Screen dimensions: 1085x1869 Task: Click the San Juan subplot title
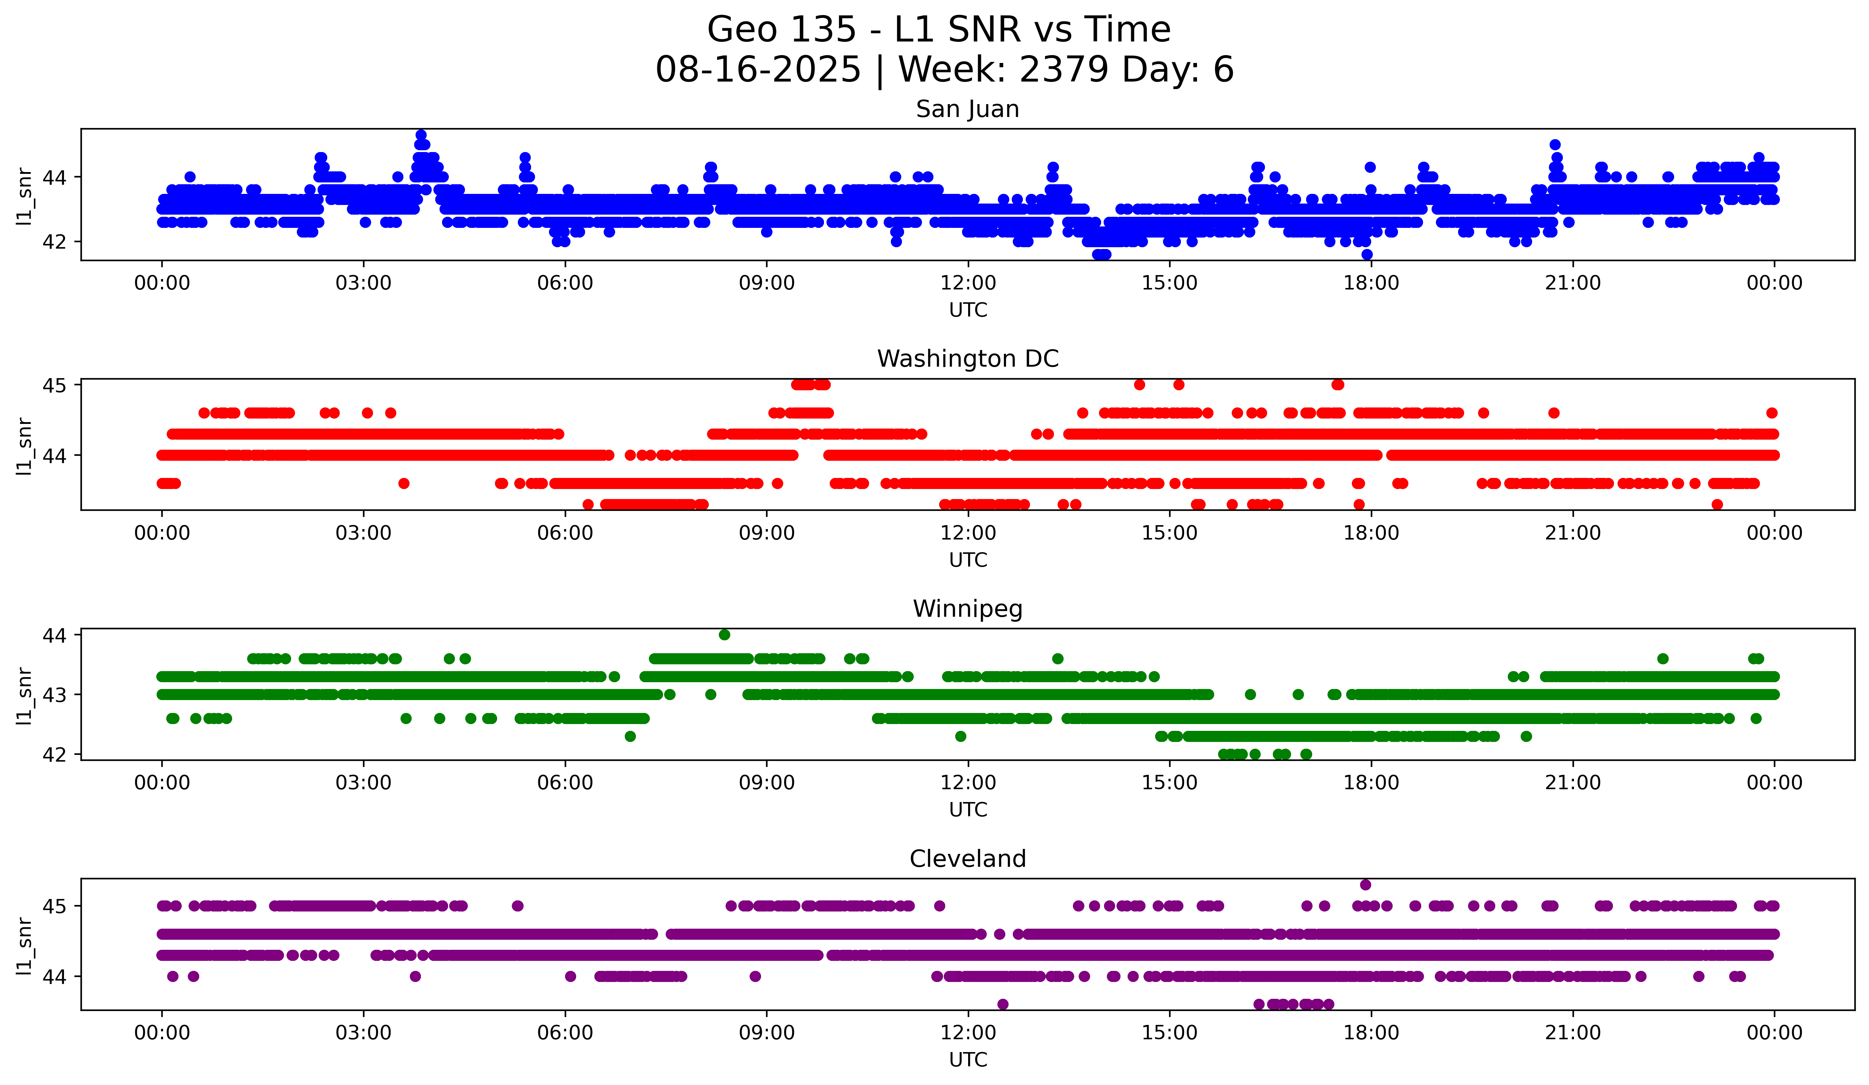pos(967,109)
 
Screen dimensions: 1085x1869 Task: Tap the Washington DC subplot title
pos(967,359)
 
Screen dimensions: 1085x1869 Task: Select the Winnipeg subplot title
pos(967,609)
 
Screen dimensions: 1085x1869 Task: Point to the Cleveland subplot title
pos(967,859)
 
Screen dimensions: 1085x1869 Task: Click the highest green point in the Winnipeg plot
pos(725,635)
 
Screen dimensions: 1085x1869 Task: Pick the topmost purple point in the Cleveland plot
pos(1365,885)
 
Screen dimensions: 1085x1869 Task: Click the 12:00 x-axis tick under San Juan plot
pos(968,283)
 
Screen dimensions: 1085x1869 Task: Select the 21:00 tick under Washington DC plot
pos(1572,533)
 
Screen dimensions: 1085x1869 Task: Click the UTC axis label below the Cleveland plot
pos(968,1060)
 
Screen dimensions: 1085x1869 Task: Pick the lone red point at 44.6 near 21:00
pos(1554,413)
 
